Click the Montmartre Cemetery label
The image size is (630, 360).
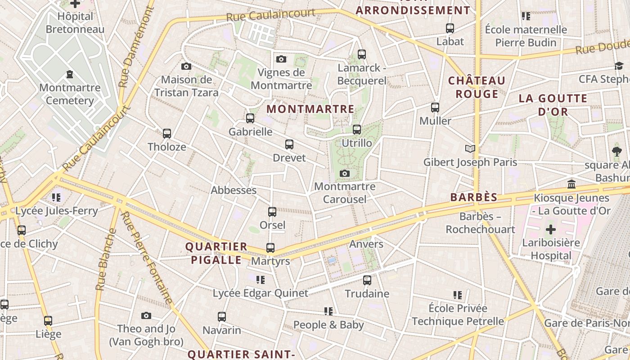tap(70, 94)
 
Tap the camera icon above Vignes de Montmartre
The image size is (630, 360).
tap(281, 59)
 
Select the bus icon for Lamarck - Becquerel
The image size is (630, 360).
tap(362, 54)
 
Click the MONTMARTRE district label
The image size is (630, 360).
tap(310, 109)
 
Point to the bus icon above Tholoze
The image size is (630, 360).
tap(167, 134)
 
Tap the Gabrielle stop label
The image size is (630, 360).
tap(250, 132)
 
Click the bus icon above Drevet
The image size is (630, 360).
tap(289, 144)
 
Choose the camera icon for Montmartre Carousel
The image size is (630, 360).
tap(345, 173)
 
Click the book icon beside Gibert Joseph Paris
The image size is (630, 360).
tap(470, 148)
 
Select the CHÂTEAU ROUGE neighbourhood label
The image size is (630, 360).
tap(477, 87)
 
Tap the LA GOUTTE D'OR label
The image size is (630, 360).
tap(553, 105)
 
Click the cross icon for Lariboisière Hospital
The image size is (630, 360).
tap(550, 230)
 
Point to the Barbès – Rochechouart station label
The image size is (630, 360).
tap(480, 223)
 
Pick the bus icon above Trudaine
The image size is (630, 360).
tap(367, 280)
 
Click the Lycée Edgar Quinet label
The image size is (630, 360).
tap(261, 293)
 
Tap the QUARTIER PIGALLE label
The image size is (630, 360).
tap(216, 253)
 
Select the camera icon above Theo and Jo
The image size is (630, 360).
tap(146, 315)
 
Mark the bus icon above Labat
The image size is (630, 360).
tap(450, 28)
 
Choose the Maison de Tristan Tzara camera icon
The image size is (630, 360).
tap(186, 67)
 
